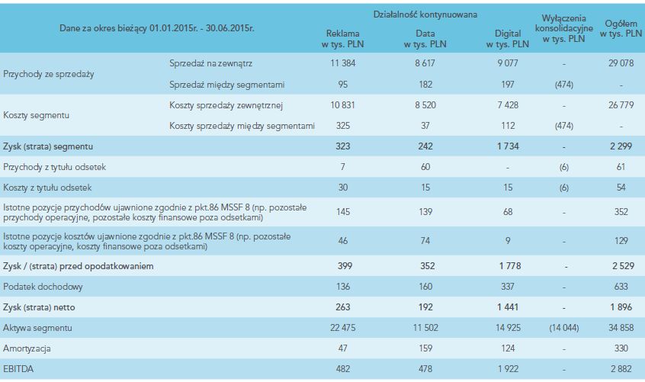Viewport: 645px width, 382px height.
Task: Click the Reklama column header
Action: point(342,39)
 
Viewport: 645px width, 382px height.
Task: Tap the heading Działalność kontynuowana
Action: point(425,15)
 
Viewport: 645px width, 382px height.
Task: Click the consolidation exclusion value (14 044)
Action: point(564,327)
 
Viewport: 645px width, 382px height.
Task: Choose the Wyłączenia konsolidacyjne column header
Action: point(564,27)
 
